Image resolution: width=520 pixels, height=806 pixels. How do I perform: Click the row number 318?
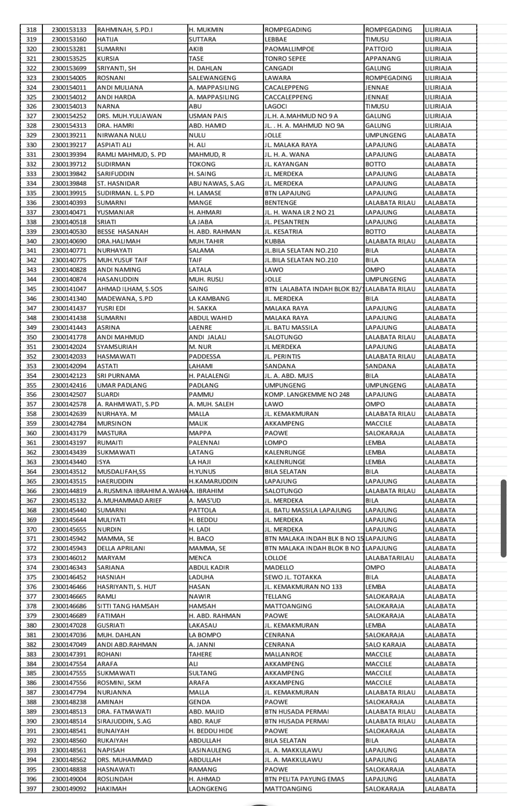point(31,30)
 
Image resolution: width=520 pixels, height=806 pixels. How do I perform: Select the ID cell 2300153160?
point(69,40)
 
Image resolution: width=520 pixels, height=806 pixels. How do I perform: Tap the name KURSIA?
point(108,59)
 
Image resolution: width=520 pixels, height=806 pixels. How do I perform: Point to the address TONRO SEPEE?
point(285,59)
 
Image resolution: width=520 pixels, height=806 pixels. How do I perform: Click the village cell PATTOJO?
point(379,49)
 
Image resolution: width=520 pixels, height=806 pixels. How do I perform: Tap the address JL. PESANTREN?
point(287,222)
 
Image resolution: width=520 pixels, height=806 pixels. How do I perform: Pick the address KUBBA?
point(275,241)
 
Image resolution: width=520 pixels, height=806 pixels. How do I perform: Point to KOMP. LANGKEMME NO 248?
point(307,395)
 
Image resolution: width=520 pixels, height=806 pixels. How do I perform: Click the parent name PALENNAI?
point(204,443)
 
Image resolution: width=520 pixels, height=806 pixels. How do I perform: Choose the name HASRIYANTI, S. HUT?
point(126,587)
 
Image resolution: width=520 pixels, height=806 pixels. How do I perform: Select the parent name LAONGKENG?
point(208,789)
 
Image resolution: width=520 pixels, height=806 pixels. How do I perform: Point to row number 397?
point(31,789)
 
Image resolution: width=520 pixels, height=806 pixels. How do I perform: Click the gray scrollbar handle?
point(504,518)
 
